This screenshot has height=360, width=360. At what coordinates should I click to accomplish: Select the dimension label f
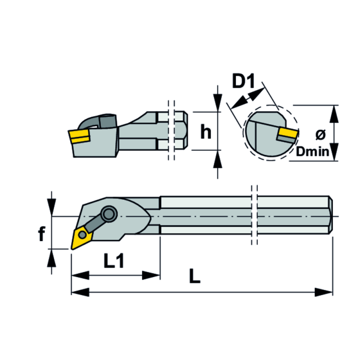point(41,234)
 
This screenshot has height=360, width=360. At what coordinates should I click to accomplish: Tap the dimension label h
point(206,131)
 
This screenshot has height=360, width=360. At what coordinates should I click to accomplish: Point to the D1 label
point(243,82)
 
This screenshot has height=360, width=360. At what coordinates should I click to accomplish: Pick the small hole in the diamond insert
point(82,235)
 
